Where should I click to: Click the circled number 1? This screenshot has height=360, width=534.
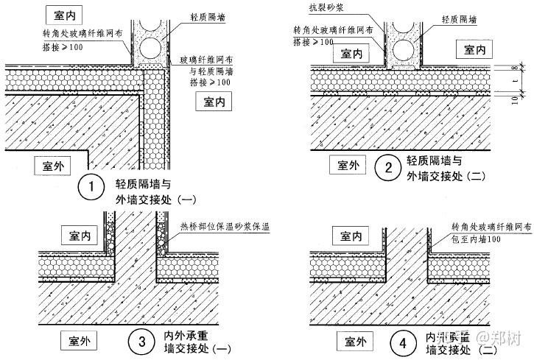pos(91,187)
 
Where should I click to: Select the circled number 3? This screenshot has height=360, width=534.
pos(139,341)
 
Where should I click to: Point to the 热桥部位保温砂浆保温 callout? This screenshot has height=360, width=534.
pos(224,228)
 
